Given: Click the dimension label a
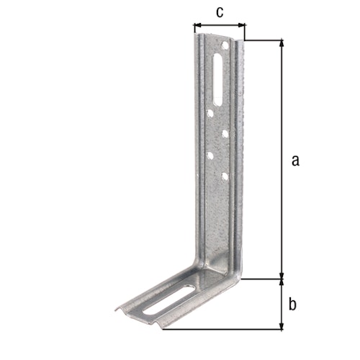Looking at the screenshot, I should (294, 160).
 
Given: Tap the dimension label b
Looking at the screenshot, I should (292, 304).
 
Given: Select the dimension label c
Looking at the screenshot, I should (220, 12).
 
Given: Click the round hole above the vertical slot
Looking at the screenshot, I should (225, 46).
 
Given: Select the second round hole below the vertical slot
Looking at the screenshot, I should (225, 133).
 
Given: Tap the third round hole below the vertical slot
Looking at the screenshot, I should (210, 154).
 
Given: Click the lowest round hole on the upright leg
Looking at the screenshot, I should (225, 176).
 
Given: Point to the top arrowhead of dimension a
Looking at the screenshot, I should (281, 44).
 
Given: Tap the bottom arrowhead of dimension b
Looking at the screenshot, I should (281, 325).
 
